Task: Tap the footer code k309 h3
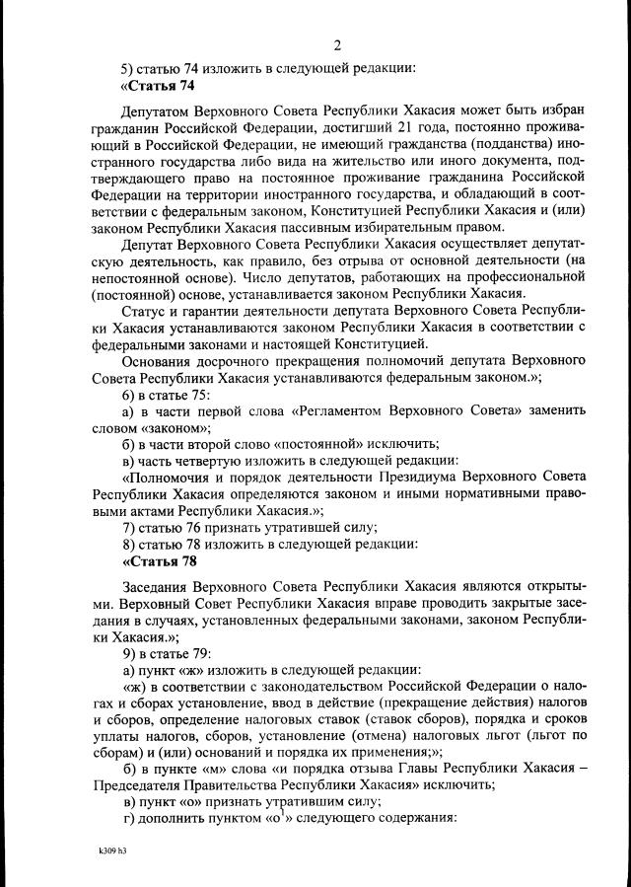[113, 848]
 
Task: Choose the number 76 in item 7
[200, 526]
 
